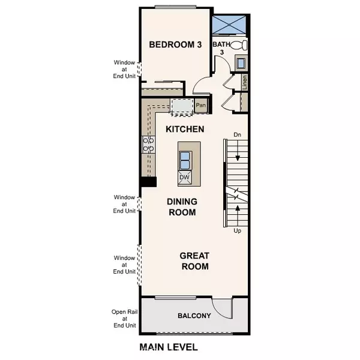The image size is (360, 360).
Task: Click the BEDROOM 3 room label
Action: tap(175, 44)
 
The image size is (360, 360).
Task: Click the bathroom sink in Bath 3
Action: tap(241, 62)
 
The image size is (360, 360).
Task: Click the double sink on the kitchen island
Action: tap(185, 160)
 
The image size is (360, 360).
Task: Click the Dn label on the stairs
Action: tap(238, 136)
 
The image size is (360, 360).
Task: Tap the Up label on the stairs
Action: tap(238, 230)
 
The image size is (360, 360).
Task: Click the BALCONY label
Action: tap(193, 316)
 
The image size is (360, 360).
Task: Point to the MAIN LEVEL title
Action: tap(169, 347)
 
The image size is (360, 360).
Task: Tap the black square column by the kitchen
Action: tap(148, 182)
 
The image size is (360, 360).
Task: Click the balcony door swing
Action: tap(223, 305)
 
